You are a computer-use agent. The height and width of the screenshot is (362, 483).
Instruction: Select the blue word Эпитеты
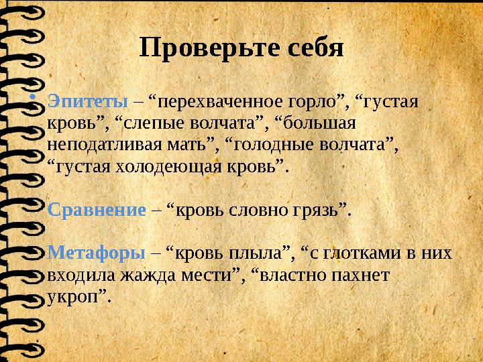[88, 102]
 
